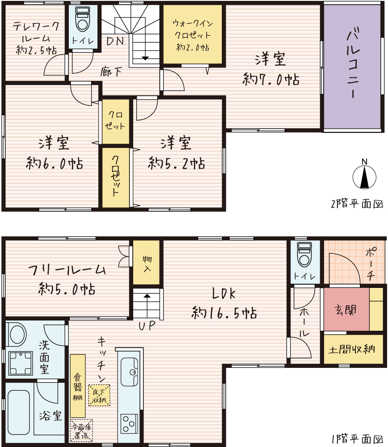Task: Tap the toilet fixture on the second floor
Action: coord(83,19)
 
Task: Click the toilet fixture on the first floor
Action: coord(304,255)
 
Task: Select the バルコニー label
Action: coord(353,62)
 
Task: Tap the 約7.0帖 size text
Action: coord(271,79)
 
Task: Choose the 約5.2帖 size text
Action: coord(177,163)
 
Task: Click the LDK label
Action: coord(224,294)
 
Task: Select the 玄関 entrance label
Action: coord(346,310)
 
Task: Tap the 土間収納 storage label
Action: coord(352,349)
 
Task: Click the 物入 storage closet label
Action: coord(147,264)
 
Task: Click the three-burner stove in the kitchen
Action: coord(129,424)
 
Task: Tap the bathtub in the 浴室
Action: coord(19,412)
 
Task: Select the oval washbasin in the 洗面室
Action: coord(18,334)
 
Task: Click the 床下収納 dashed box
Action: coord(99,396)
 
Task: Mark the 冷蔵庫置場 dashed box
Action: coord(81,430)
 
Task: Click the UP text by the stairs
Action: coord(147,325)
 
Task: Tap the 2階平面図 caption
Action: coord(357,204)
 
